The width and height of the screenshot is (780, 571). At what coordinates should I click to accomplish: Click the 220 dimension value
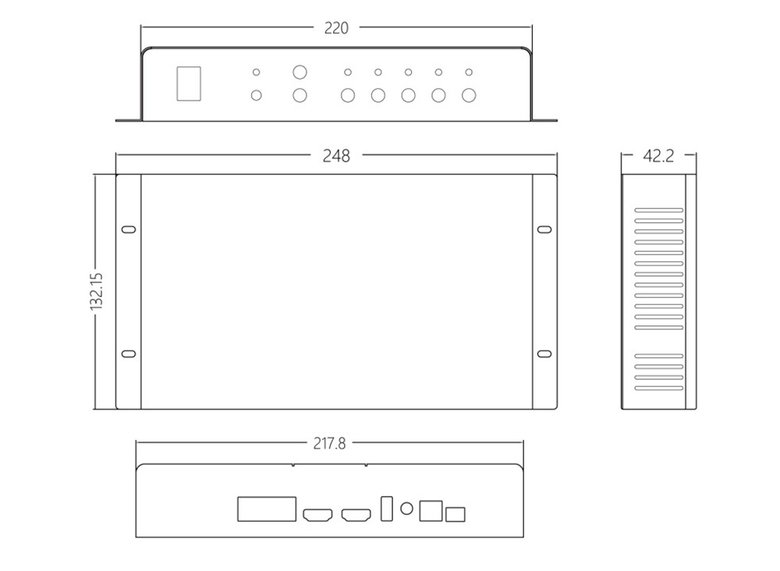point(336,28)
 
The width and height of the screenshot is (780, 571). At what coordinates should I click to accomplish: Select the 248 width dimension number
point(336,156)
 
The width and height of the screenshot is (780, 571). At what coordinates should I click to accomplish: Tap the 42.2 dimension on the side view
point(658,156)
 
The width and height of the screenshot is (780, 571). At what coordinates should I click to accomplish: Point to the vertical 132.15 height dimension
point(97,291)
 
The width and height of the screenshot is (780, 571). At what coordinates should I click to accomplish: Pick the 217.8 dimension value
point(329,444)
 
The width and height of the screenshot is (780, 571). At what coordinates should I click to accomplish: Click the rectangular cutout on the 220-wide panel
point(190,84)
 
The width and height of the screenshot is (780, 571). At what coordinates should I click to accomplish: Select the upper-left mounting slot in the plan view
point(129,230)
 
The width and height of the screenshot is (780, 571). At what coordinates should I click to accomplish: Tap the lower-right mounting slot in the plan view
point(544,354)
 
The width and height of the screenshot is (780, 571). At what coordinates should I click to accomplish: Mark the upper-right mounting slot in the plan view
point(544,230)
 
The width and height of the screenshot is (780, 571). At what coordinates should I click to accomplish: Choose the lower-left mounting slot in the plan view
point(129,354)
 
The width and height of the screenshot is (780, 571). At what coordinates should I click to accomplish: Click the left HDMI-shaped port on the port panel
point(317,516)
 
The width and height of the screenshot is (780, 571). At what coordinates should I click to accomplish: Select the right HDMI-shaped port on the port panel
point(357,516)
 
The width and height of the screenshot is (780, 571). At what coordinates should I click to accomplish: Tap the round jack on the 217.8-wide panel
point(406,509)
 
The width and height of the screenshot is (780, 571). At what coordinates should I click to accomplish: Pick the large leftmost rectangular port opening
point(267,509)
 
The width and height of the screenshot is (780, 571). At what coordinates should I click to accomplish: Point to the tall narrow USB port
point(386,508)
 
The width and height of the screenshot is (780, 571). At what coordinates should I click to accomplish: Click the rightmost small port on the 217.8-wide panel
point(456,513)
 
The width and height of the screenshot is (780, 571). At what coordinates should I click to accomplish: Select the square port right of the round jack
point(431,510)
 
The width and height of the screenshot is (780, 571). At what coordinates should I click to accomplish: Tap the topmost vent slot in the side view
point(659,210)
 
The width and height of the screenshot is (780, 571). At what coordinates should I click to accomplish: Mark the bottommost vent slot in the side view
point(659,388)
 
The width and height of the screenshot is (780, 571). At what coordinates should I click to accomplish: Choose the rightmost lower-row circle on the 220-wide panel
point(469,96)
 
